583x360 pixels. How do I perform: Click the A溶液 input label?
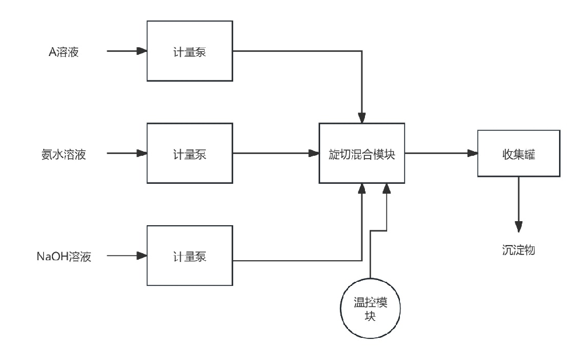coord(63,52)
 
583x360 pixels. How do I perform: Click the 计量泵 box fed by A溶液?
coord(189,51)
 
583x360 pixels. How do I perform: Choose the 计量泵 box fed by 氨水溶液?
coord(189,154)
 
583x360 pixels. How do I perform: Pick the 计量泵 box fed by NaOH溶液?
coord(189,256)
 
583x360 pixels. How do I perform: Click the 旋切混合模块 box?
coord(361,154)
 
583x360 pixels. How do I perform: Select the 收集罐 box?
coord(518,154)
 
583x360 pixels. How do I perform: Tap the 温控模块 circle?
coord(370,309)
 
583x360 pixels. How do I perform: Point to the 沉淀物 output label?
coord(518,250)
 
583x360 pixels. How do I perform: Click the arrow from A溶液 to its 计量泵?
coord(127,51)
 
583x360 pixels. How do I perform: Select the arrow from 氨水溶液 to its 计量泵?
coord(127,154)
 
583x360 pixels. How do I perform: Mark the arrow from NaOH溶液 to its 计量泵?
coord(127,256)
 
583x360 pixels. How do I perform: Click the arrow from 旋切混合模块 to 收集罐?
coord(441,154)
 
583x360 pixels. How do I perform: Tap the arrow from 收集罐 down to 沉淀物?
coord(518,204)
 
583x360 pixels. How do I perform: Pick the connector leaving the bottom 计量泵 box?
coord(297,260)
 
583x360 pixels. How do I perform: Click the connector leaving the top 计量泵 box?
coord(297,51)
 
